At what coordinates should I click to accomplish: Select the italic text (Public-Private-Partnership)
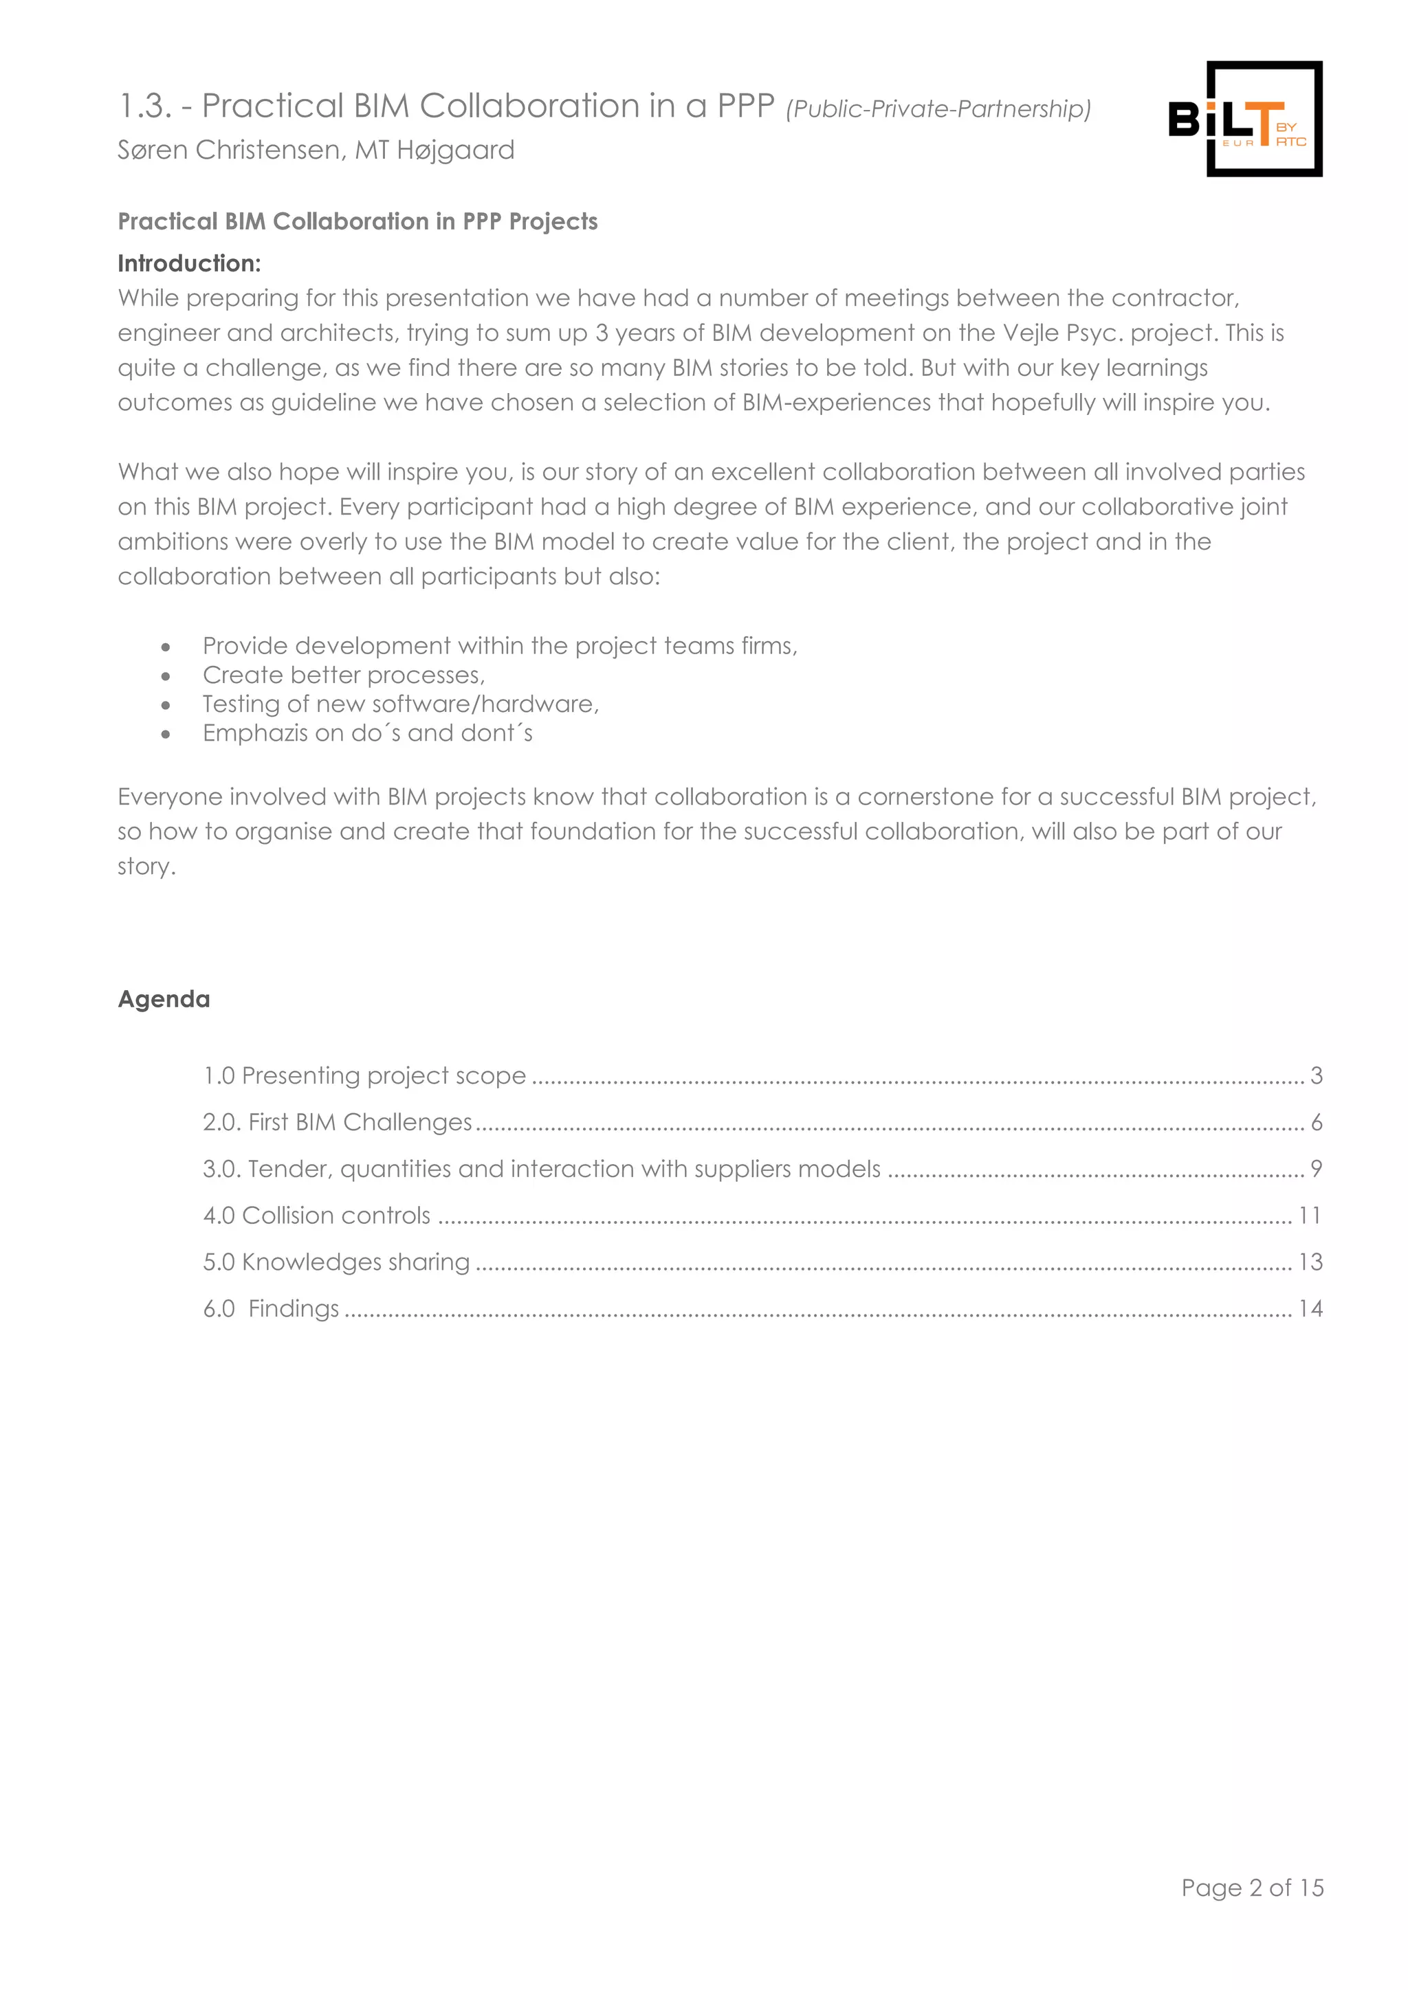(x=938, y=109)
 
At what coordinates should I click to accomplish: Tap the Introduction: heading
(x=189, y=263)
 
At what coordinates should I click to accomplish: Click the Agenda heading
(x=164, y=999)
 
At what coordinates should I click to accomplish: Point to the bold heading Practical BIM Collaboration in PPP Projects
(x=357, y=222)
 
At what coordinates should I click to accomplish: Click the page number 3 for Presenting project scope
(x=1316, y=1075)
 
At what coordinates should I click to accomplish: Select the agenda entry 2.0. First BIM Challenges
(x=338, y=1122)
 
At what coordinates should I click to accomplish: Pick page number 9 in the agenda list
(x=1316, y=1170)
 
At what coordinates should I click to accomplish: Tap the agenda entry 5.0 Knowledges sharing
(x=336, y=1262)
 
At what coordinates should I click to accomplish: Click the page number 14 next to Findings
(x=1310, y=1309)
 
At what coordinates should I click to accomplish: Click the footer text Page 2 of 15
(x=1252, y=1887)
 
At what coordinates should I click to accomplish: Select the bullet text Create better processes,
(x=343, y=675)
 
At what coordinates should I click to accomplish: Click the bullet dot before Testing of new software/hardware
(x=166, y=704)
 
